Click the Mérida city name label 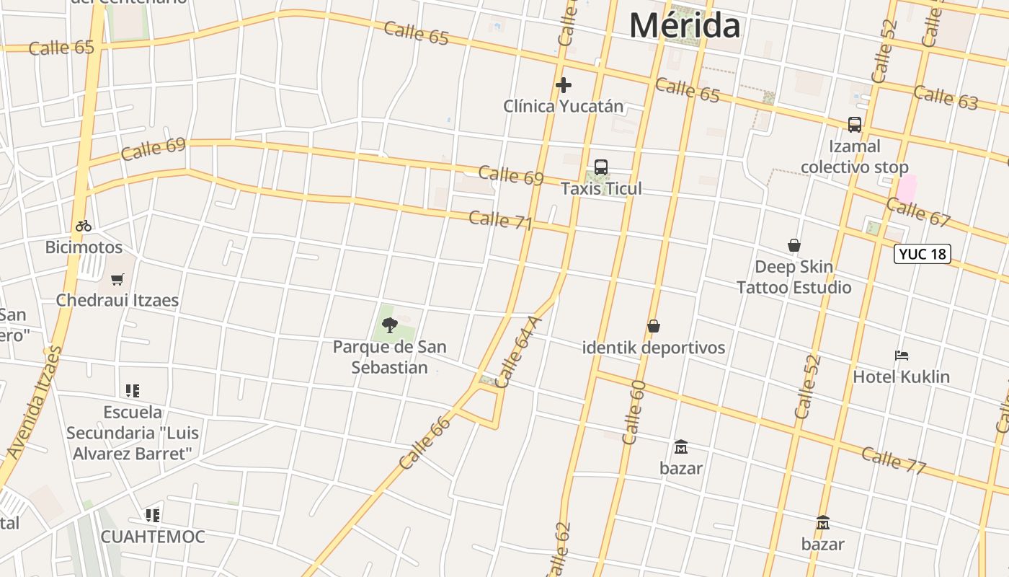[x=684, y=26]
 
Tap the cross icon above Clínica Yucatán [x=564, y=86]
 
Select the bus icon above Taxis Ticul [x=601, y=167]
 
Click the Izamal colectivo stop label [x=854, y=157]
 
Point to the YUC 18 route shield [x=922, y=254]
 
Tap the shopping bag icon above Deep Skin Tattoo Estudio [x=794, y=245]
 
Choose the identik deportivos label [x=654, y=348]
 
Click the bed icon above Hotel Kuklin [x=901, y=356]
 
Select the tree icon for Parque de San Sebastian [x=390, y=325]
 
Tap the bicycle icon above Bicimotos [x=84, y=226]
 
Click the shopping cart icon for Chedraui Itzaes [x=117, y=279]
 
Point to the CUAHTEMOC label [x=153, y=537]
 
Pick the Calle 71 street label [x=500, y=220]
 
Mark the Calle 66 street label [x=425, y=443]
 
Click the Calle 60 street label [x=633, y=412]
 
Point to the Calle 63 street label [x=946, y=97]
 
